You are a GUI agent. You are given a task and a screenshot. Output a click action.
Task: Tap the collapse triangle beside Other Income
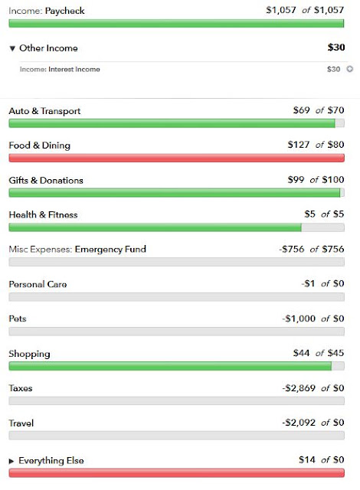12,48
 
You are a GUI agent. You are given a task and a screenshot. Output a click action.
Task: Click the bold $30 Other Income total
336,47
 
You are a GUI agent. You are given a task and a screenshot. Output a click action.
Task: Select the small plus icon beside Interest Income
350,69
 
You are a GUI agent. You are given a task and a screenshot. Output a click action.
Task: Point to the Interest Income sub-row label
60,70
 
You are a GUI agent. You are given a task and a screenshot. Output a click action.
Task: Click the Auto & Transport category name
44,111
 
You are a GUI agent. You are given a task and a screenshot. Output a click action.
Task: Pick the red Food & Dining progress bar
177,158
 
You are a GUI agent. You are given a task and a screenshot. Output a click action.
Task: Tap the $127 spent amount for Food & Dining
299,145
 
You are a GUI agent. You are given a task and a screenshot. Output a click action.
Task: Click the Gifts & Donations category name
46,181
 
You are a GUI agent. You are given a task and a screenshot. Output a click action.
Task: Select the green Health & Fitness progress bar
155,227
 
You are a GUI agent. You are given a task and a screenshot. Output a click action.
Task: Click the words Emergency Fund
110,249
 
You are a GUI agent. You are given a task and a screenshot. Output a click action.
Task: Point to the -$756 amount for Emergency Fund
292,249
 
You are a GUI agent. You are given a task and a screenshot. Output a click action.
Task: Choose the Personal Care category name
38,284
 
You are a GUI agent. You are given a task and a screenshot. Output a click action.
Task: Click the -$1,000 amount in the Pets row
299,318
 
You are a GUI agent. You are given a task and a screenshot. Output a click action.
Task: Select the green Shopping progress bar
170,366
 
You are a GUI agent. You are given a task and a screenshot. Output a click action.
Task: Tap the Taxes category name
21,388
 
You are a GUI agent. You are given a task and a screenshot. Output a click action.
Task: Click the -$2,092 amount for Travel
299,423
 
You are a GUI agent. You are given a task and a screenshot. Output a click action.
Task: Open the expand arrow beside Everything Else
11,461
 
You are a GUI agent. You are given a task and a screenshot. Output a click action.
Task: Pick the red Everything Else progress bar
177,473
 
